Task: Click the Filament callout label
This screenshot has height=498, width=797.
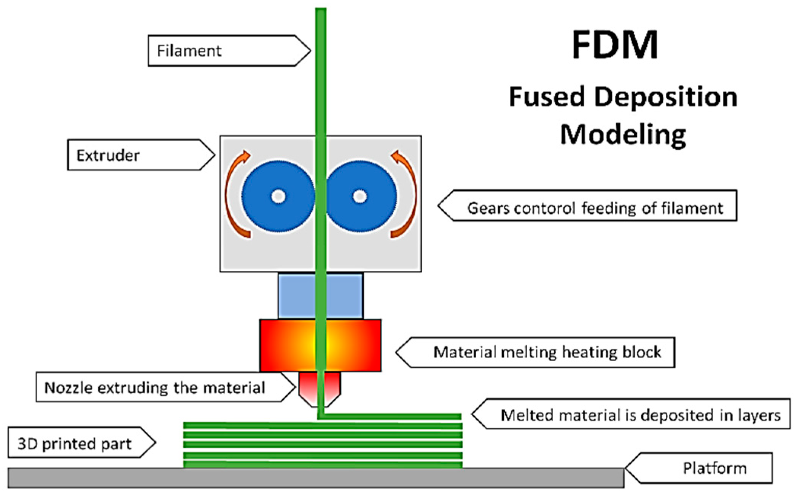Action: coord(189,51)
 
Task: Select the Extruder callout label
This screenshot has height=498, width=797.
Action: coord(108,155)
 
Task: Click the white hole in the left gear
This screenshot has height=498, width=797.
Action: coord(278,197)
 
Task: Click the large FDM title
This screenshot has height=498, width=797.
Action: coord(615,45)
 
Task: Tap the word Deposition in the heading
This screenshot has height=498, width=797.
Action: coord(665,97)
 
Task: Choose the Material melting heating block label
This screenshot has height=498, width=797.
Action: coord(547,352)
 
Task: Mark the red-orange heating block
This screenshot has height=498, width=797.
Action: coord(282,345)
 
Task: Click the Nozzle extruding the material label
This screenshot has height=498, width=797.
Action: coord(154,388)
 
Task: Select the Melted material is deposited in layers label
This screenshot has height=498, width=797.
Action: coord(641,415)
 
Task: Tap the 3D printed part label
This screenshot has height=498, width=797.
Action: coord(75,444)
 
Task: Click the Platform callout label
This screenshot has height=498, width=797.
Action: coord(714,468)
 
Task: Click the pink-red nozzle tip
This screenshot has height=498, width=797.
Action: coord(308,389)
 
